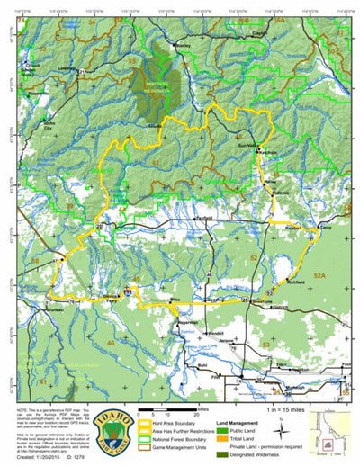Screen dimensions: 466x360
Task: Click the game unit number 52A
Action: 319,268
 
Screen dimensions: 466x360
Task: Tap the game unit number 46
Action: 111,343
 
